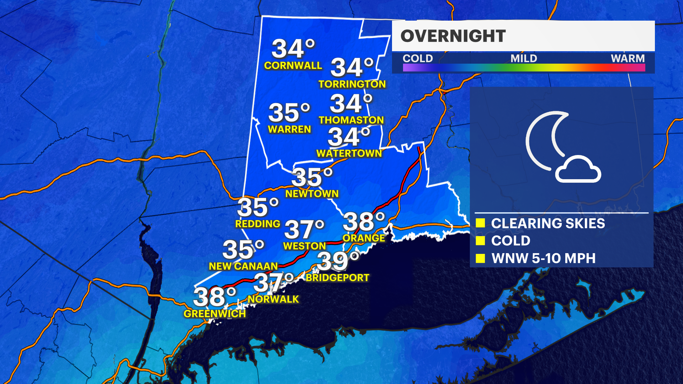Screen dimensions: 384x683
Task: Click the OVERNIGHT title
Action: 453,36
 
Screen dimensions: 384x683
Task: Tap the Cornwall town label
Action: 293,65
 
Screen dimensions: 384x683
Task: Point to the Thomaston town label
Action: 351,120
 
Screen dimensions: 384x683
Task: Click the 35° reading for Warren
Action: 289,112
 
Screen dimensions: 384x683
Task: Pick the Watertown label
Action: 349,153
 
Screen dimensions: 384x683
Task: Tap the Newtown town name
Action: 312,194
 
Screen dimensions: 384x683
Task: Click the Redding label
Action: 258,224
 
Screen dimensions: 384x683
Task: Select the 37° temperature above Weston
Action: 304,229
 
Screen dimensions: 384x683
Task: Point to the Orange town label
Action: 364,238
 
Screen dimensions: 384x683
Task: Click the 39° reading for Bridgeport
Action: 338,261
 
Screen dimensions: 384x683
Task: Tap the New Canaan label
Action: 243,266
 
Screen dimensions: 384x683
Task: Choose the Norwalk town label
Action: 273,299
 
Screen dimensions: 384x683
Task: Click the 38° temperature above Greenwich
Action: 215,297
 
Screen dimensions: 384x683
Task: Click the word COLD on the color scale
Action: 418,58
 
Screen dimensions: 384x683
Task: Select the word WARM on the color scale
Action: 628,58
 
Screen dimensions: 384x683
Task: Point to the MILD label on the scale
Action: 524,58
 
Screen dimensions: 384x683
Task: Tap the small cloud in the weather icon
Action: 578,170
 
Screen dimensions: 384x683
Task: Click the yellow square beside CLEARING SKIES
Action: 480,223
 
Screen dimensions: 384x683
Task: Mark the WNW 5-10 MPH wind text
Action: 543,258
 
